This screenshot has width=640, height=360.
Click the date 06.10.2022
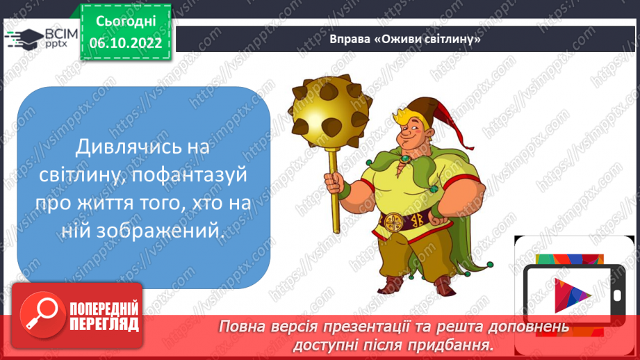pyautogui.click(x=126, y=42)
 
